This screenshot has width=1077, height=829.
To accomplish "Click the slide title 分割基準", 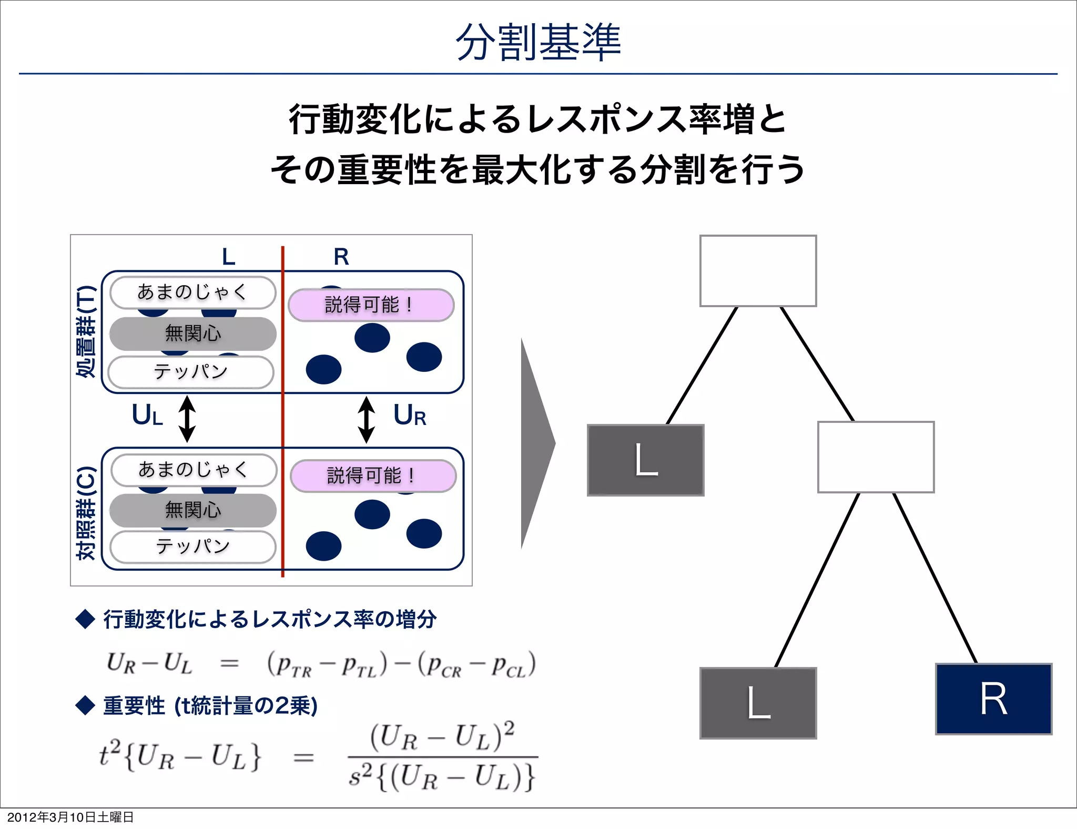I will [538, 42].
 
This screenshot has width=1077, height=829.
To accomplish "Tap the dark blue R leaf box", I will [993, 699].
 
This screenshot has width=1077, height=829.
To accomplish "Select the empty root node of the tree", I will [758, 271].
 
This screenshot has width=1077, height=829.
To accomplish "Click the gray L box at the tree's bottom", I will [758, 703].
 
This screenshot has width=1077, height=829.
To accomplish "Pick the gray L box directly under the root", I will [645, 460].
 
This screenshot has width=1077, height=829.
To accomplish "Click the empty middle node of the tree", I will [876, 457].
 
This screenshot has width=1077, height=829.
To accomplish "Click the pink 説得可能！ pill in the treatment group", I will [371, 305].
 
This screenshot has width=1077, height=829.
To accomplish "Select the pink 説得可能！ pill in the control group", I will [373, 476].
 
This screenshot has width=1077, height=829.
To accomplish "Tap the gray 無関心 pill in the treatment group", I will [193, 333].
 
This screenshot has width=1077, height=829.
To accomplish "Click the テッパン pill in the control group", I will [193, 547].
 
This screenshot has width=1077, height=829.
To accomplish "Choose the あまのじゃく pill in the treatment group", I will [192, 292].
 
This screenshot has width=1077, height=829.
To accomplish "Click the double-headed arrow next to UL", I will [187, 419].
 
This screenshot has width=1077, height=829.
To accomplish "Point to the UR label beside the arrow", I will [410, 416].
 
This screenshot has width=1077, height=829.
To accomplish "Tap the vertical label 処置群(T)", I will [86, 331].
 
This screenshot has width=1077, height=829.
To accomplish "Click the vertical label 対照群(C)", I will [86, 513].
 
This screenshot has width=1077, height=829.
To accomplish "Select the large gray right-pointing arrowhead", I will [536, 443].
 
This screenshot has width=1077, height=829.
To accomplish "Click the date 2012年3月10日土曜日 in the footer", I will [70, 817].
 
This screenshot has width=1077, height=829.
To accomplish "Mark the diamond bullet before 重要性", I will [85, 705].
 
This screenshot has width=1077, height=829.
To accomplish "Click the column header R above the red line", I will [341, 257].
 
